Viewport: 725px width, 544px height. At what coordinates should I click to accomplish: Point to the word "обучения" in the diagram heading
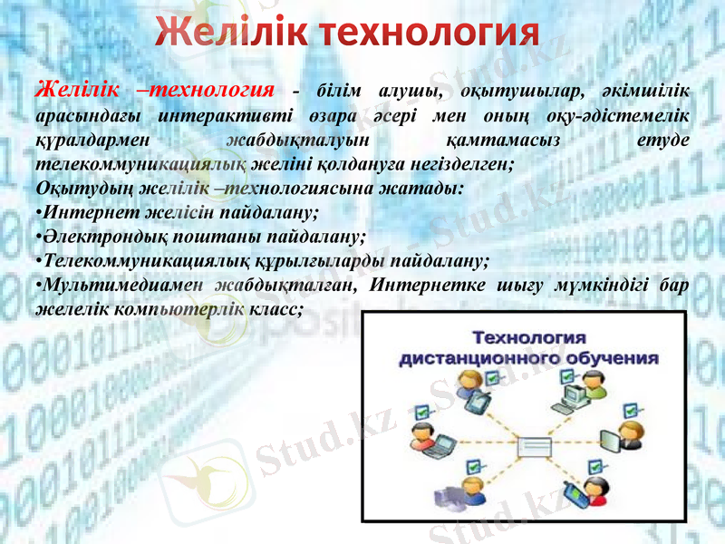pyautogui.click(x=613, y=357)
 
